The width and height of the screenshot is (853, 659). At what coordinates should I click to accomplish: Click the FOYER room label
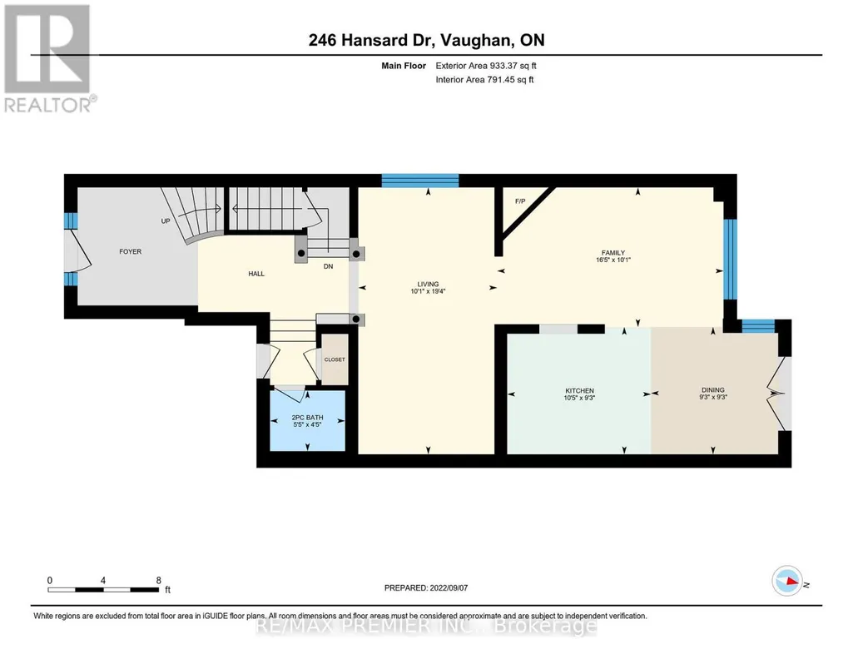click(x=130, y=251)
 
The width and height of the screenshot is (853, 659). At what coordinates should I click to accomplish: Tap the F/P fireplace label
click(x=520, y=201)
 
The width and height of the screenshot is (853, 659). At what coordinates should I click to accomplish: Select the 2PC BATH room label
click(x=307, y=418)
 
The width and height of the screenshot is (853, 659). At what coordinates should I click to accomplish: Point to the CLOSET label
click(x=335, y=359)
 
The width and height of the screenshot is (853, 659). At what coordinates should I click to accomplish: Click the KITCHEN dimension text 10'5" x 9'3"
click(x=579, y=398)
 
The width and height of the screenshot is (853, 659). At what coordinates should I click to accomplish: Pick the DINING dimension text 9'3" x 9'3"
click(x=713, y=397)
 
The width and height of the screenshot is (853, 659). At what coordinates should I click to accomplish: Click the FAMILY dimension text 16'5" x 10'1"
click(x=613, y=260)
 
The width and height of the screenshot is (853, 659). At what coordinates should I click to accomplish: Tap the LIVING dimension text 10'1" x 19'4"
click(x=428, y=291)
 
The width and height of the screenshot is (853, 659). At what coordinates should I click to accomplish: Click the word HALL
click(x=256, y=274)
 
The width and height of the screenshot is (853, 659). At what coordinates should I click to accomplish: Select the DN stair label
click(x=328, y=266)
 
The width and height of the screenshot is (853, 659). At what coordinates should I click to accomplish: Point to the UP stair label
click(x=166, y=220)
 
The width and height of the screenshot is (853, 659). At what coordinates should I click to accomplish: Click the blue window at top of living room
click(x=420, y=181)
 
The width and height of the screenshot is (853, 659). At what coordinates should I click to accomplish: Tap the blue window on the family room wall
click(x=730, y=260)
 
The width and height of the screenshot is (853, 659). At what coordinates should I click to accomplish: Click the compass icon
click(x=787, y=581)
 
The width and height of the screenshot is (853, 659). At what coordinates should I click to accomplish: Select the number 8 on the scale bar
click(x=159, y=580)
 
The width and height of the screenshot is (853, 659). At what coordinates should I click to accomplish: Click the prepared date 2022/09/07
click(x=449, y=587)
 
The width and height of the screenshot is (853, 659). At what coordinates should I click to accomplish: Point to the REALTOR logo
click(x=47, y=58)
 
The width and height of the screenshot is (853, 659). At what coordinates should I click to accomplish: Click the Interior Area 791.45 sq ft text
click(x=484, y=79)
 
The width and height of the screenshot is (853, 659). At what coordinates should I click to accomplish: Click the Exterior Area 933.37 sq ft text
click(x=486, y=66)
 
